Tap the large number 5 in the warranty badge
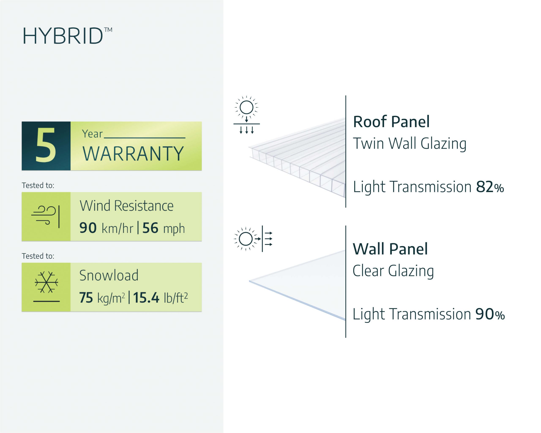(x=46, y=145)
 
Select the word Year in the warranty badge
(x=92, y=134)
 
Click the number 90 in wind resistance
(x=88, y=228)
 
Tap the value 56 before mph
(x=150, y=228)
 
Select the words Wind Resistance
(x=126, y=206)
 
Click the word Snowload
(x=109, y=275)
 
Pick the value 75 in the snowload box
(x=86, y=298)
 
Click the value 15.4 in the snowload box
(x=146, y=298)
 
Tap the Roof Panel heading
(x=391, y=122)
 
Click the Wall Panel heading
(x=390, y=249)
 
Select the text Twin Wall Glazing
(x=410, y=144)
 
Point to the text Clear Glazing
(x=393, y=271)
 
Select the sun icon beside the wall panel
(x=246, y=239)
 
